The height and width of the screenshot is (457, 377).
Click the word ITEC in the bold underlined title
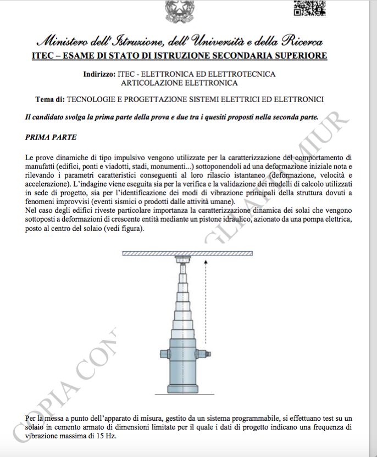click(x=44, y=56)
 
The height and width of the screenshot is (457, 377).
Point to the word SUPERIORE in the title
click(x=297, y=56)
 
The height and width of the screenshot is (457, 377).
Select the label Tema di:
click(x=49, y=99)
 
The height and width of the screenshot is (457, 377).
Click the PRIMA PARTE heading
click(x=51, y=136)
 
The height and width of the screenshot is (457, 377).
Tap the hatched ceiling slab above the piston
click(x=187, y=253)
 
